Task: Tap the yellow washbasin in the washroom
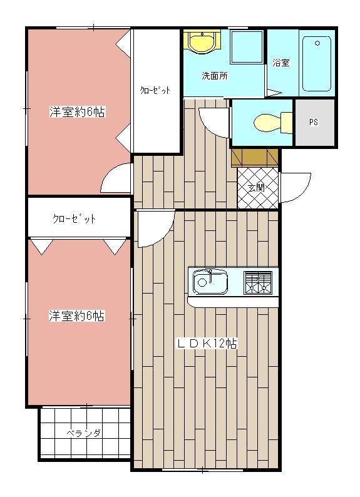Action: click(202, 43)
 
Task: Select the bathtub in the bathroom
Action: click(316, 63)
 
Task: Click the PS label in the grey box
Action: click(313, 123)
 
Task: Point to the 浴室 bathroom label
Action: click(281, 63)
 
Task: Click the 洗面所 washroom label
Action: click(214, 76)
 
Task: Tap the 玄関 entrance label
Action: click(255, 187)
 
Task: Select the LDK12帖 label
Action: click(207, 343)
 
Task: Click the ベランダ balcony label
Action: click(85, 433)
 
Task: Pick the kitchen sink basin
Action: click(210, 281)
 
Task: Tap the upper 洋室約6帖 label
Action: click(77, 112)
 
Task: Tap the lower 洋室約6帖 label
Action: click(77, 316)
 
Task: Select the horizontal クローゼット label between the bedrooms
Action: click(75, 218)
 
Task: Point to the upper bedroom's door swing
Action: click(116, 179)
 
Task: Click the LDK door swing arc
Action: click(153, 229)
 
